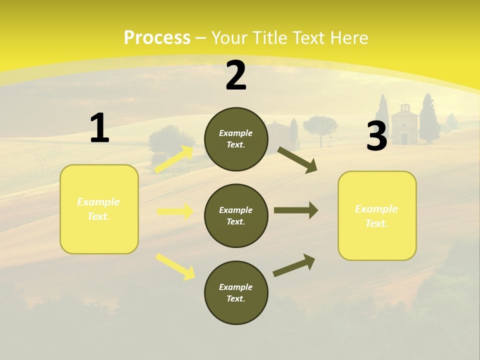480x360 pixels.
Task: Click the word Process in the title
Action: pyautogui.click(x=157, y=38)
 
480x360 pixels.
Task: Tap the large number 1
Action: pyautogui.click(x=99, y=128)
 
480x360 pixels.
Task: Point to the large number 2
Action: pyautogui.click(x=236, y=75)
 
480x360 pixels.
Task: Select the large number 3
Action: pyautogui.click(x=376, y=136)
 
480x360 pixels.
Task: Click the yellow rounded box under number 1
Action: pyautogui.click(x=99, y=209)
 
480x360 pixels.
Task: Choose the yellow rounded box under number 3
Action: pyautogui.click(x=377, y=215)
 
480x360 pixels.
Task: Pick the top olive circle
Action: pyautogui.click(x=236, y=139)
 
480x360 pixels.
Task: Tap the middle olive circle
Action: pyautogui.click(x=236, y=215)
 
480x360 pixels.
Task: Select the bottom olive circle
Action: pyautogui.click(x=236, y=292)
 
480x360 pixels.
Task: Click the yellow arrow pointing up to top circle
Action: pyautogui.click(x=174, y=159)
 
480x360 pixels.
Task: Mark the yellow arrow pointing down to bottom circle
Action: pyautogui.click(x=175, y=266)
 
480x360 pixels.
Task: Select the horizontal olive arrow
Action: pyautogui.click(x=295, y=210)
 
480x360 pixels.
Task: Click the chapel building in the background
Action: pyautogui.click(x=404, y=125)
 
